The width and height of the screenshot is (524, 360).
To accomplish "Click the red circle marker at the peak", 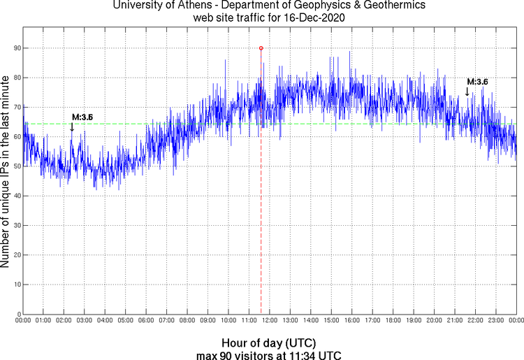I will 261,48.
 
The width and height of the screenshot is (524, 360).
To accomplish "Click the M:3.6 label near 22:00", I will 477,82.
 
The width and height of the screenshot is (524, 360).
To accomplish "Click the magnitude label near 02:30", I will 82,117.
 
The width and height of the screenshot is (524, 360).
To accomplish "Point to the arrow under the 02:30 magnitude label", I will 72,127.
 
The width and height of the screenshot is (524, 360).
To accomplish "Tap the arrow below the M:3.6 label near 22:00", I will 467,92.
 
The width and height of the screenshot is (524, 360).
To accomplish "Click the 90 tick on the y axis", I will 15,48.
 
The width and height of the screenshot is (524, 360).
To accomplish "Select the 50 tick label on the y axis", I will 15,166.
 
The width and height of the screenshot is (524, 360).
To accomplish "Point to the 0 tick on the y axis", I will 17,314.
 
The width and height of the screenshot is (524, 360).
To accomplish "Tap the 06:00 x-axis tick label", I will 147,321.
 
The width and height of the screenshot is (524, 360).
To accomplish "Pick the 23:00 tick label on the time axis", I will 496,321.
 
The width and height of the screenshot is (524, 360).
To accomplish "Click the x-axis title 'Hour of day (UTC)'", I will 268,343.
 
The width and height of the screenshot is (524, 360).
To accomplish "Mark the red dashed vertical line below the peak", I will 261,210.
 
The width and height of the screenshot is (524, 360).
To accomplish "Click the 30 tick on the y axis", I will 15,226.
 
